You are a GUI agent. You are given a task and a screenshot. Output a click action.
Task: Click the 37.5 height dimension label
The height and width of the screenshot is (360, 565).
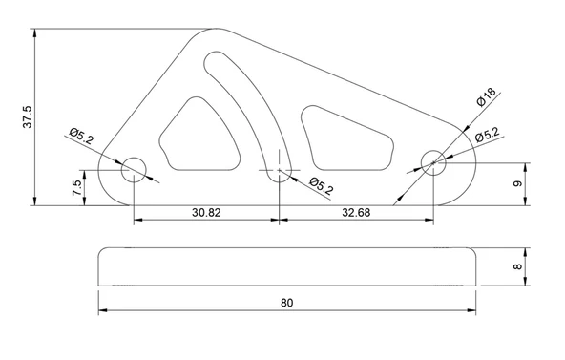tap(28, 116)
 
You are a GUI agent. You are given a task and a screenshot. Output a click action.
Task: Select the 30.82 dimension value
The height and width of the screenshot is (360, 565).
tap(206, 213)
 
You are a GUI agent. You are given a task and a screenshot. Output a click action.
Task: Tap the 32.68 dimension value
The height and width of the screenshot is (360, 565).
tap(356, 213)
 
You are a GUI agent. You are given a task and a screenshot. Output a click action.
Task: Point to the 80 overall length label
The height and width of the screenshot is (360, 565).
tap(287, 303)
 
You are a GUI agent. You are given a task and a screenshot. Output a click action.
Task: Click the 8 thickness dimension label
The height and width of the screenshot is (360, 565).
tap(517, 266)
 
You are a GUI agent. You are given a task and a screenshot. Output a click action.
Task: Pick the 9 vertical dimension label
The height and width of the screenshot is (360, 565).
tap(517, 183)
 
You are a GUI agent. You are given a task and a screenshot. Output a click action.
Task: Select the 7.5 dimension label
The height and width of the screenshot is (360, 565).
tap(77, 188)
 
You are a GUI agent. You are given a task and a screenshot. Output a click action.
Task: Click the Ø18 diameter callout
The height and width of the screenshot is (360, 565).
tap(487, 97)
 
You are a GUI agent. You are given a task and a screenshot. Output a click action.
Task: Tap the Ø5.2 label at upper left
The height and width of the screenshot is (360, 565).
tap(81, 136)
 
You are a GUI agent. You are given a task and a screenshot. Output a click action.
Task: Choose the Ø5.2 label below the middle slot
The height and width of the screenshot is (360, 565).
tap(322, 186)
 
